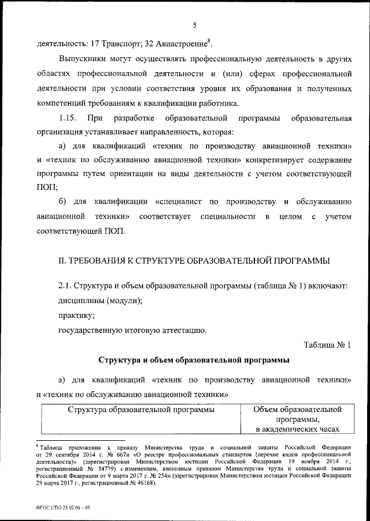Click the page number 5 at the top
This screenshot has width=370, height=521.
(x=195, y=24)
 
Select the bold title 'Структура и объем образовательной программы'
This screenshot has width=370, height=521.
(x=194, y=361)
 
